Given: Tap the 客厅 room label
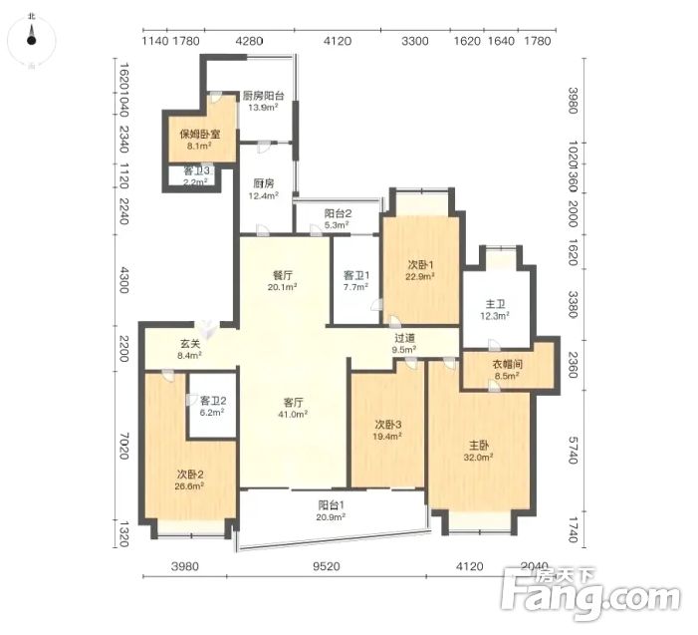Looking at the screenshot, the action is tap(294, 403).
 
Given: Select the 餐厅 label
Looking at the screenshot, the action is tap(283, 275).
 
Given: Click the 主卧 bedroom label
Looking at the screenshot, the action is tap(479, 445).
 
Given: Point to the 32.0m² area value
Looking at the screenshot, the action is tap(479, 458).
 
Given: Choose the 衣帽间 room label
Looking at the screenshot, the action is tap(507, 364).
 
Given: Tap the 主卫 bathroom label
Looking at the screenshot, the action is tap(495, 304).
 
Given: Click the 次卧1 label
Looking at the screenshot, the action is tap(420, 265).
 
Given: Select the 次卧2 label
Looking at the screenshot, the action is tap(190, 475).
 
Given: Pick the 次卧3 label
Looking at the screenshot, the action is tap(387, 424).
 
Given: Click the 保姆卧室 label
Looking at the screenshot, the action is tap(200, 134).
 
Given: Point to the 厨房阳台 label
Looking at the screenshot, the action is tap(264, 96).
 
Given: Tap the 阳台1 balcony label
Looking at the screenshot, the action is tap(332, 504).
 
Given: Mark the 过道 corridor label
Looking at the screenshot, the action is tap(404, 338).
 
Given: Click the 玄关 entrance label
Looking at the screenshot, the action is tap(190, 344).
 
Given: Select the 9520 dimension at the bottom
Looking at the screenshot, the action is tap(327, 566).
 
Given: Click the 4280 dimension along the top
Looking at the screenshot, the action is tap(249, 41).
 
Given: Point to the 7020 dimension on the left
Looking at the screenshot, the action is tap(124, 446).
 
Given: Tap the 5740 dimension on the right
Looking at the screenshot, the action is tap(573, 450).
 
